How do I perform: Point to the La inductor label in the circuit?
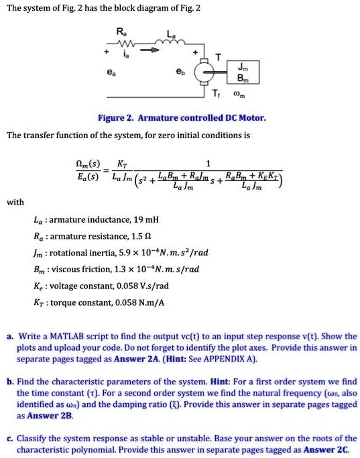(174, 34)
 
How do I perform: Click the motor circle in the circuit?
(202, 70)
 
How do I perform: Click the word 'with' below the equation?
(15, 201)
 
